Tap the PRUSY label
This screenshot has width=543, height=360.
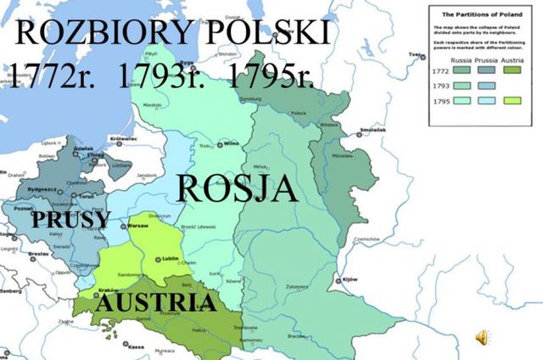pyautogui.click(x=70, y=220)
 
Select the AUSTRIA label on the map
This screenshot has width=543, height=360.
pyautogui.click(x=155, y=303)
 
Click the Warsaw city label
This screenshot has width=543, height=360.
pyautogui.click(x=137, y=227)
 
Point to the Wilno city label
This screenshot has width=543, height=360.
pyautogui.click(x=230, y=145)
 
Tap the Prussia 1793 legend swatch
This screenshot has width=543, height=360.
pyautogui.click(x=484, y=85)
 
